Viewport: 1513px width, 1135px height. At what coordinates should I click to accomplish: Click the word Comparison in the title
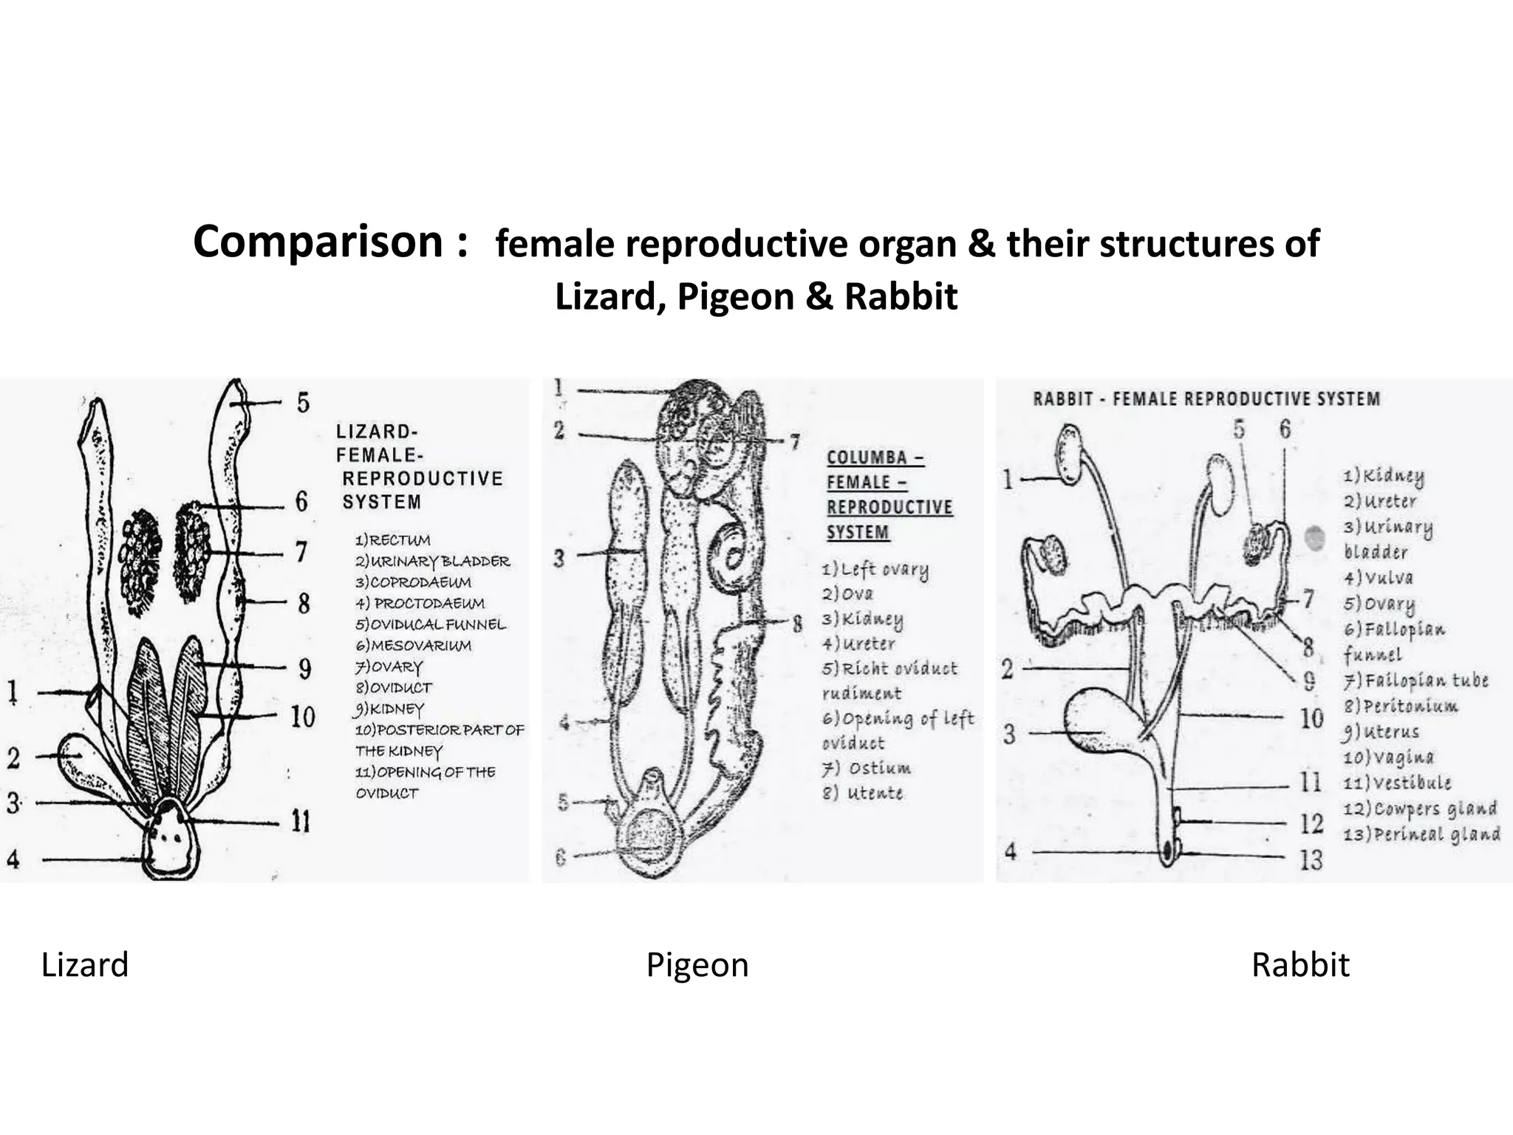[318, 242]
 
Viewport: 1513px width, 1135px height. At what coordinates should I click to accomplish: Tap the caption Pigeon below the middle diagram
[697, 965]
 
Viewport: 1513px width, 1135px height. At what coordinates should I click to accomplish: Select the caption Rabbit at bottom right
[1300, 965]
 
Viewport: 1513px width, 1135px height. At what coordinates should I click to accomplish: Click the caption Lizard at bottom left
[85, 965]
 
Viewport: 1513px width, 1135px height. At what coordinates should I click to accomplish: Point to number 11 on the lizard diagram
[301, 821]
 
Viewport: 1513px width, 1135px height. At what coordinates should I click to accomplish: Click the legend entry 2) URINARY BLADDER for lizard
[432, 561]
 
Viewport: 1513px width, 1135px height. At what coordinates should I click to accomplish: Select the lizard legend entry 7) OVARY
[389, 667]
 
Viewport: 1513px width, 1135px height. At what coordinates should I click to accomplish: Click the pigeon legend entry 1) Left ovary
[875, 570]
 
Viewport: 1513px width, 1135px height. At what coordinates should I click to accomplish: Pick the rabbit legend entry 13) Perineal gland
[1421, 834]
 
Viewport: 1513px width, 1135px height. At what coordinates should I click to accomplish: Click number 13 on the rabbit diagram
[1311, 859]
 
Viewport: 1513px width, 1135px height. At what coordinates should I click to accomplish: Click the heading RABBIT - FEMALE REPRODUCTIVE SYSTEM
[1206, 399]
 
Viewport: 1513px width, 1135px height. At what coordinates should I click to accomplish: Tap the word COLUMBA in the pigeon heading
[867, 457]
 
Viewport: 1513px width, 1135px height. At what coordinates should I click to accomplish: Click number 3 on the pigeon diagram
[559, 558]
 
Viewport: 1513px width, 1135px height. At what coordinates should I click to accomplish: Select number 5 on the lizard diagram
[303, 403]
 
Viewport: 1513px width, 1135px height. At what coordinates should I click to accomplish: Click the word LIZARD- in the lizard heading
[377, 432]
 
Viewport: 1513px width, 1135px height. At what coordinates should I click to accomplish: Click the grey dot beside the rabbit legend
[1314, 537]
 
